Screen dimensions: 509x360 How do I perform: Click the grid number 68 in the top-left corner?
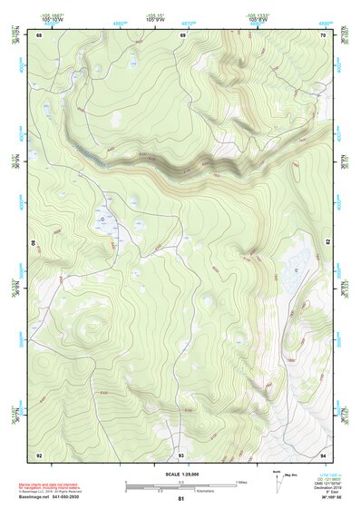tap(39, 35)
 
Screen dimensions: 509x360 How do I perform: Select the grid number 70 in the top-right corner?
tap(323, 35)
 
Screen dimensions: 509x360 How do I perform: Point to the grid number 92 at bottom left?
tap(39, 454)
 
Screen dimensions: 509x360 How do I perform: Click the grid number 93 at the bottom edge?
tap(181, 454)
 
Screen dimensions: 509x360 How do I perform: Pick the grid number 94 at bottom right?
tap(323, 454)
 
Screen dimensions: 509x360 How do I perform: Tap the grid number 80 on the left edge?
tap(34, 244)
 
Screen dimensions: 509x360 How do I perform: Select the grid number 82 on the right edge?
tap(327, 242)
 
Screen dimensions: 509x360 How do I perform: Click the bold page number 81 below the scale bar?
tap(181, 499)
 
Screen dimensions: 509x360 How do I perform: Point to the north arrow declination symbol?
tap(278, 485)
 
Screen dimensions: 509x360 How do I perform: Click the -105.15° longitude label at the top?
tap(158, 15)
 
